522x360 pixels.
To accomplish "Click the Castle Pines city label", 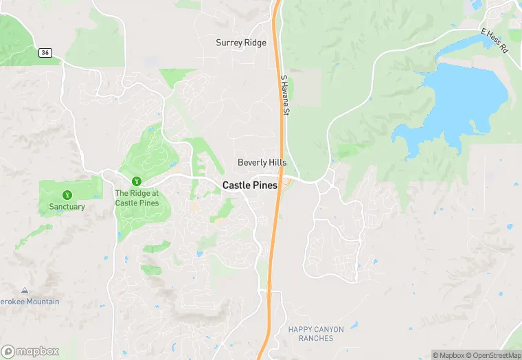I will [x=249, y=185].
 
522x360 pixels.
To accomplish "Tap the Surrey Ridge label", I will [x=241, y=43].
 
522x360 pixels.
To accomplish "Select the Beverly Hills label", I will [x=262, y=163].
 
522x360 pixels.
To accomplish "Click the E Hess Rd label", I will [x=494, y=41].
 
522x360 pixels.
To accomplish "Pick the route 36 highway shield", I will [x=45, y=52].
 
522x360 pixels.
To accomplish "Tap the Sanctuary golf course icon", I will [x=67, y=195].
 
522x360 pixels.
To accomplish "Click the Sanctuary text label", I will [x=67, y=207].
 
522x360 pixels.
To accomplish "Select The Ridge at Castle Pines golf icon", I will [x=137, y=181].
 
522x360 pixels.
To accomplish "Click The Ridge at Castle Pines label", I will [x=137, y=199].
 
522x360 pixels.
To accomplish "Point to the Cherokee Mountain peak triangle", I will [x=25, y=291].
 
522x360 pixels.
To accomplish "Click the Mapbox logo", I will [x=31, y=351].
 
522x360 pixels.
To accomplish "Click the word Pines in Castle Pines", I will [x=264, y=185].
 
